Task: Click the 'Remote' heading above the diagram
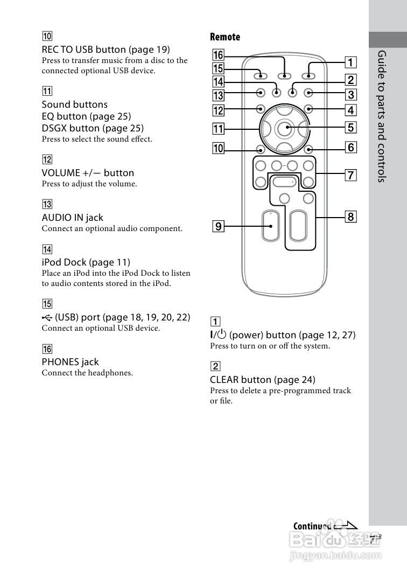tap(225, 37)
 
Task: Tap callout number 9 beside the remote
tap(218, 226)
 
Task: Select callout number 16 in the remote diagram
tap(218, 55)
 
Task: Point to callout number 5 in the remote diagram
tap(350, 128)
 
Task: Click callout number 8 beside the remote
tap(350, 217)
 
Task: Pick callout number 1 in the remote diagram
tap(350, 62)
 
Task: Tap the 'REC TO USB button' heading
tap(106, 50)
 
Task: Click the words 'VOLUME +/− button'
tap(88, 173)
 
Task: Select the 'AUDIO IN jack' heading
tap(72, 218)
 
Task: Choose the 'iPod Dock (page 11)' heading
tap(86, 262)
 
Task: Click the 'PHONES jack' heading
tap(71, 362)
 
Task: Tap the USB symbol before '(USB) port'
tap(47, 318)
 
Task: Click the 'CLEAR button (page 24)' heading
tap(263, 380)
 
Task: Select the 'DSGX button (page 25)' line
tap(93, 128)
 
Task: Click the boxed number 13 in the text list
tap(47, 204)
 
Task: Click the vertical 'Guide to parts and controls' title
tap(382, 116)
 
